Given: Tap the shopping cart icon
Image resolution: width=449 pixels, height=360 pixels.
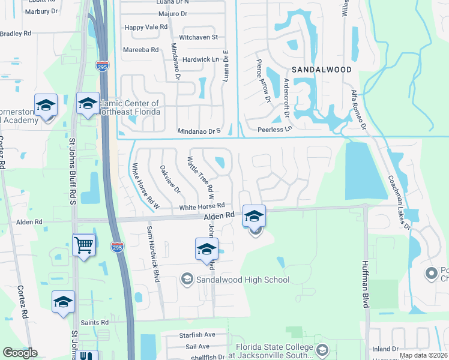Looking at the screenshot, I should coord(84,244).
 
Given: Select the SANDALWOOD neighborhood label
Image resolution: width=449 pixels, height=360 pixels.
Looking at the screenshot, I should coord(322,70).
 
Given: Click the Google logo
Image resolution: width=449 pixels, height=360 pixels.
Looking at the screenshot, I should coord(20,353).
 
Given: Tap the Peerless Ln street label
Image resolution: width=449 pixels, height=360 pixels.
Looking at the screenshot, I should coord(274,128).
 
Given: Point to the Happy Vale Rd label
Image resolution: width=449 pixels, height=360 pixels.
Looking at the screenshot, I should coord(145,28).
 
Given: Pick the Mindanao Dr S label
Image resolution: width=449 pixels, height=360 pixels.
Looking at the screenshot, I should coord(199,130).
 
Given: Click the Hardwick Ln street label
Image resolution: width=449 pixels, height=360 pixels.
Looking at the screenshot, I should coord(200,59).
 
